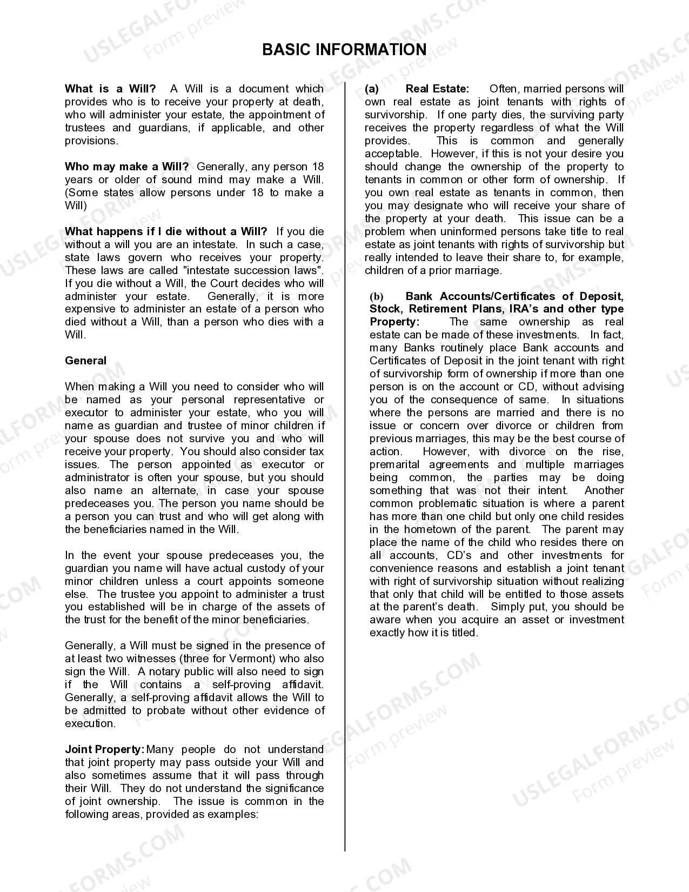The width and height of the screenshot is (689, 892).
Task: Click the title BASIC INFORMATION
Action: [344, 50]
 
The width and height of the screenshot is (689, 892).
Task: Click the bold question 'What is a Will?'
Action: [110, 89]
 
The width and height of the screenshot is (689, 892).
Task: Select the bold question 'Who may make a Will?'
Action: [126, 167]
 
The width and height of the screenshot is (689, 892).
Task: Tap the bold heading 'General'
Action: [85, 361]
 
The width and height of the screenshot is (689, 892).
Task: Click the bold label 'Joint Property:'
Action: [105, 749]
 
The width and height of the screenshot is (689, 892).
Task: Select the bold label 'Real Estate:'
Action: [437, 89]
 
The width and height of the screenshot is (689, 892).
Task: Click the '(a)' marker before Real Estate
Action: [372, 89]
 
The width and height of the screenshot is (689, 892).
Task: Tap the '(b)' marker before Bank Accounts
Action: [376, 296]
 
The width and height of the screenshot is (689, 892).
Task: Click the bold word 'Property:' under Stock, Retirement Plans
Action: [394, 322]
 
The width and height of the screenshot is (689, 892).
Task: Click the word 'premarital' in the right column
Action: [395, 464]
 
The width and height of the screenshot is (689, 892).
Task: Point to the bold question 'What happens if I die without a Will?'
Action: [166, 231]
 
